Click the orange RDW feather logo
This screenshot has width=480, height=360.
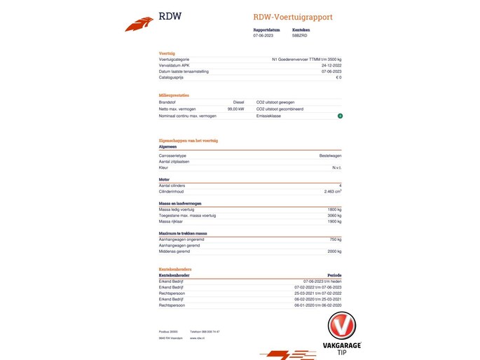click(x=139, y=25)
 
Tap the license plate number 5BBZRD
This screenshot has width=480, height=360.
click(x=300, y=34)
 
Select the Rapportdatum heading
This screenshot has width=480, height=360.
click(x=266, y=29)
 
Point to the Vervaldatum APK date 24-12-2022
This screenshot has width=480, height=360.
click(x=331, y=65)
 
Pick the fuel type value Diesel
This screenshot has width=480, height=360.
click(x=238, y=102)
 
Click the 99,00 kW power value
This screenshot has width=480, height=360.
click(x=235, y=109)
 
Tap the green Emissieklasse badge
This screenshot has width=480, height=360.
click(x=339, y=116)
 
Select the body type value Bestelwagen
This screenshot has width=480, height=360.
click(x=329, y=155)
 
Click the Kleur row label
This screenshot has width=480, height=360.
click(x=163, y=167)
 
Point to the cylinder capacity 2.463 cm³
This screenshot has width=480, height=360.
click(x=332, y=191)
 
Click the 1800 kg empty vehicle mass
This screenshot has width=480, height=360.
click(x=334, y=209)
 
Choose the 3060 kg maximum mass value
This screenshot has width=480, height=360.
click(x=334, y=215)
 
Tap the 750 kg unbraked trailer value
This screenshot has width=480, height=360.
click(x=335, y=240)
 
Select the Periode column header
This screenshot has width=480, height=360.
click(x=334, y=275)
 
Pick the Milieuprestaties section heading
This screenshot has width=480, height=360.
click(x=174, y=95)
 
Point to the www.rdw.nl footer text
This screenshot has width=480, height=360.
click(x=196, y=338)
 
